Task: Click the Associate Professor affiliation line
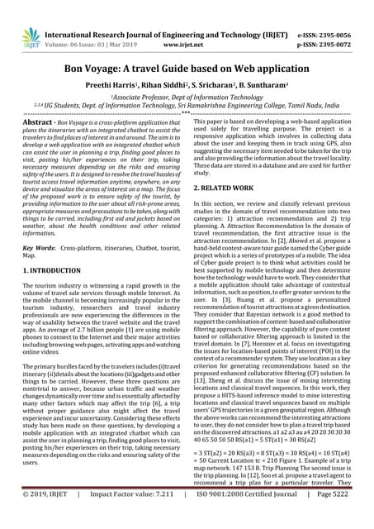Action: coord(187,98)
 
